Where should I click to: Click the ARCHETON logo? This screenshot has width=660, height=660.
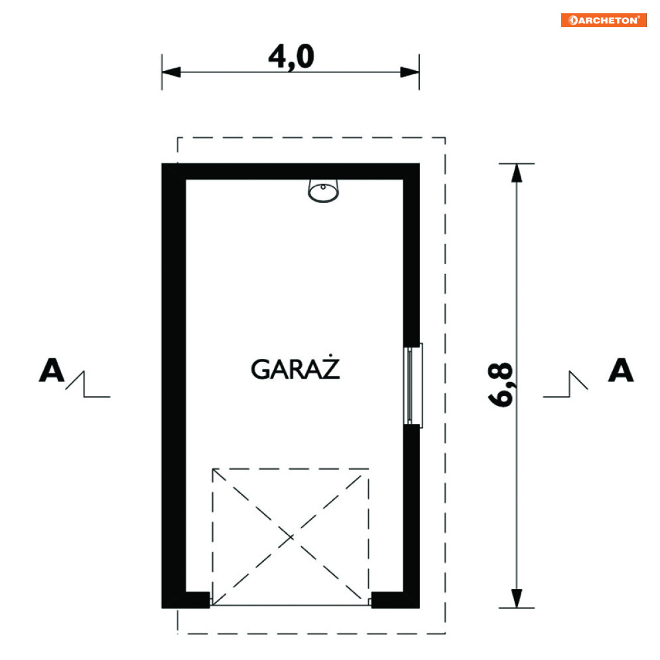click(x=603, y=20)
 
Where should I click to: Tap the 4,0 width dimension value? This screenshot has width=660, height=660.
click(x=291, y=57)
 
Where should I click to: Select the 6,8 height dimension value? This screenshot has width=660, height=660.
click(x=500, y=384)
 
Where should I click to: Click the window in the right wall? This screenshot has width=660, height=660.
click(x=413, y=385)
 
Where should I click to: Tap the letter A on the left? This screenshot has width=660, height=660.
click(x=51, y=370)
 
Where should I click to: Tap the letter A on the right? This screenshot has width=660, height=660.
click(x=621, y=370)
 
